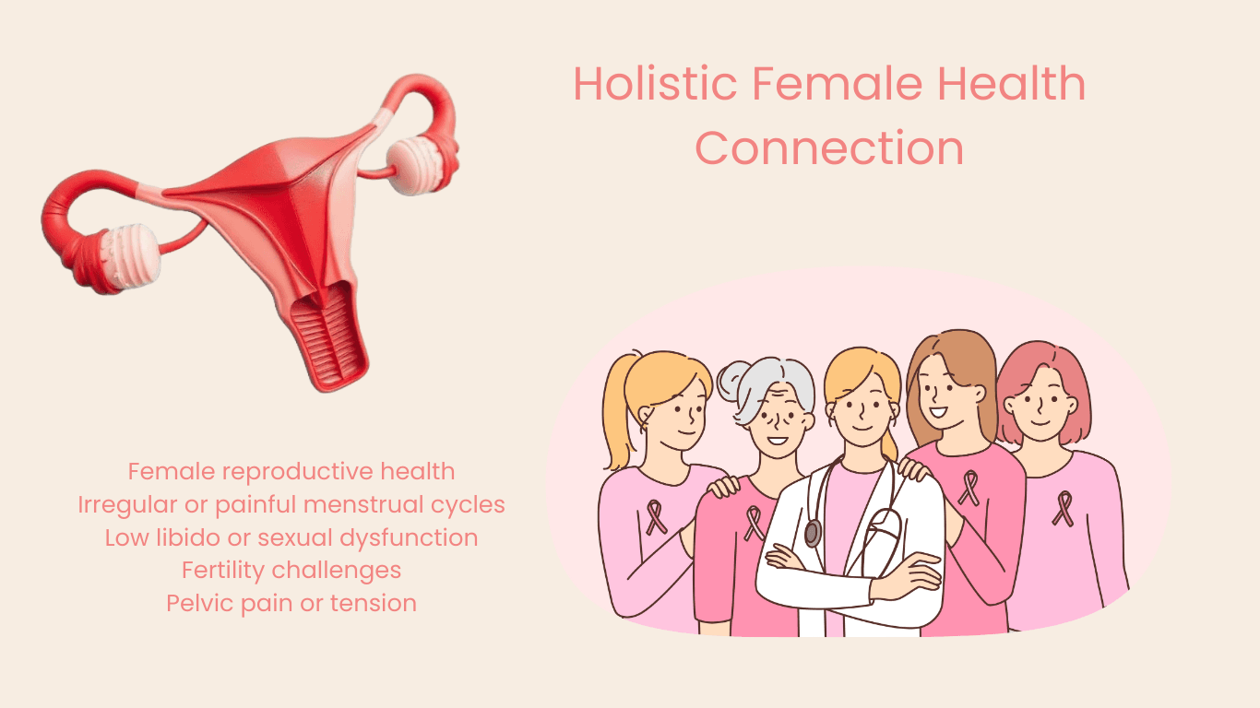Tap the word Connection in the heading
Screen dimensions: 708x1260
(x=829, y=148)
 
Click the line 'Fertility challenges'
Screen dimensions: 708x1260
(x=291, y=571)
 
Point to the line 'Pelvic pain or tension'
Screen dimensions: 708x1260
(x=291, y=604)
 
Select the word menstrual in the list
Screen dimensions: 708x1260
(x=363, y=505)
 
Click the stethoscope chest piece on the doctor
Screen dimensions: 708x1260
(x=813, y=533)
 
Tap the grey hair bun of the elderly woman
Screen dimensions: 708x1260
(x=735, y=378)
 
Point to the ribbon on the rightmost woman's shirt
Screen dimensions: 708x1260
(x=1064, y=508)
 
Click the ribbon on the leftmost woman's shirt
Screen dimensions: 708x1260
(x=656, y=516)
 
